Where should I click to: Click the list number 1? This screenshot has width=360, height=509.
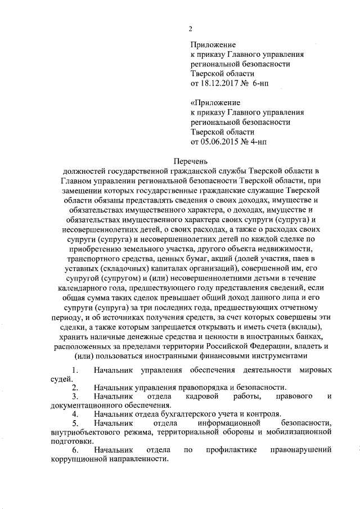click(74, 369)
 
